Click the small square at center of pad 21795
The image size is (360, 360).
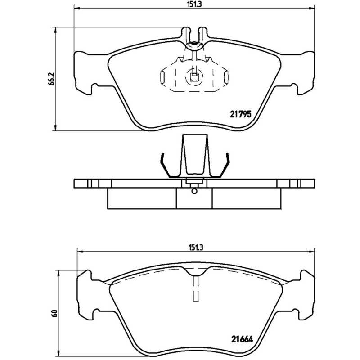[194, 76]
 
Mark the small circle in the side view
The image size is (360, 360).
[194, 192]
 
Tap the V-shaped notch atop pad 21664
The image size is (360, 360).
[195, 270]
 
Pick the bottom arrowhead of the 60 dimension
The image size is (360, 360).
[58, 355]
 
